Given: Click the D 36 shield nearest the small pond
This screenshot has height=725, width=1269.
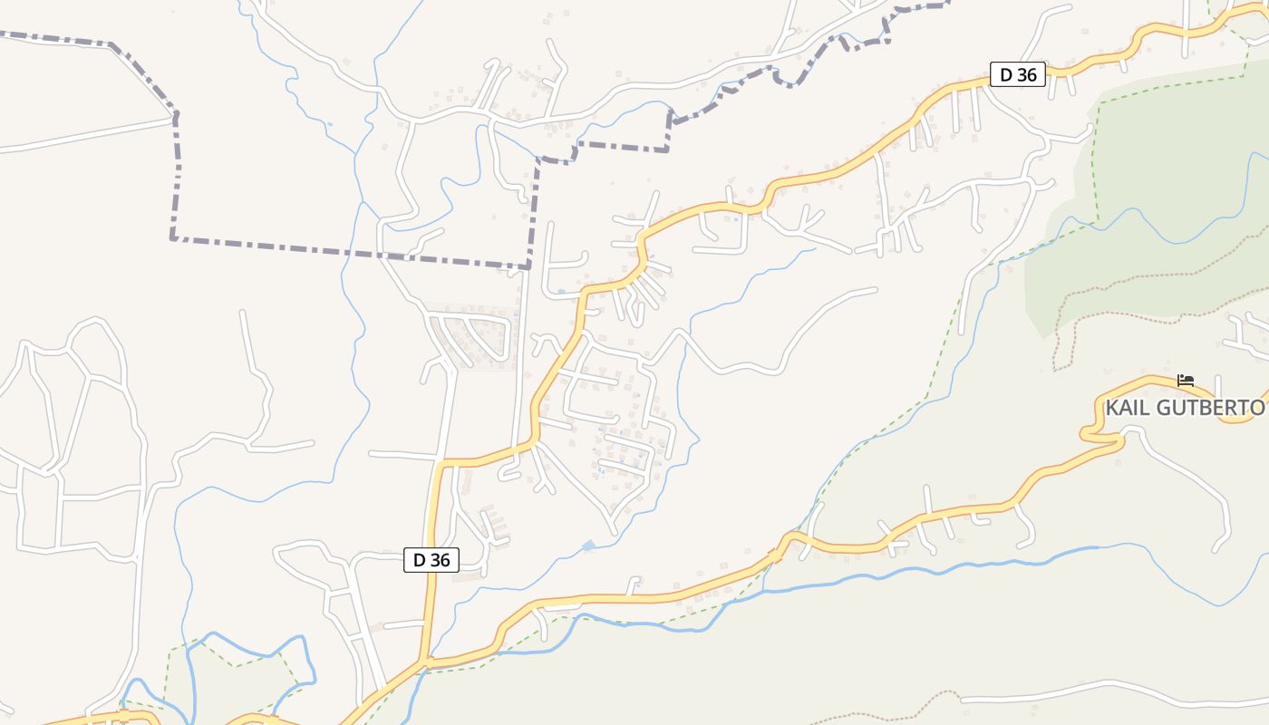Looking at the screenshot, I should point(431,560).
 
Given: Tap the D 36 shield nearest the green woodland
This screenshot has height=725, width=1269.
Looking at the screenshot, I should point(1018,74).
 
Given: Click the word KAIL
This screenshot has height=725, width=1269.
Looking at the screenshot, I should point(1128,408).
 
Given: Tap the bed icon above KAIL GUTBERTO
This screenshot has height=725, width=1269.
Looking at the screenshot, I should point(1185,381).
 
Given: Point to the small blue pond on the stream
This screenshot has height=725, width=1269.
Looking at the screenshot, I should point(589,546).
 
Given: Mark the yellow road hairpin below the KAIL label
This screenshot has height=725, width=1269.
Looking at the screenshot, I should point(1088,436).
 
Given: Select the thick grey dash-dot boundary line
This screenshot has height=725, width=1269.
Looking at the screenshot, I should point(344,251).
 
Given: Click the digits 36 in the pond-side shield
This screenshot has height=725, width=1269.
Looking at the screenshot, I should point(440,560).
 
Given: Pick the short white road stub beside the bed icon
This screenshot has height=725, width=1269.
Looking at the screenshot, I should point(1218,385).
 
